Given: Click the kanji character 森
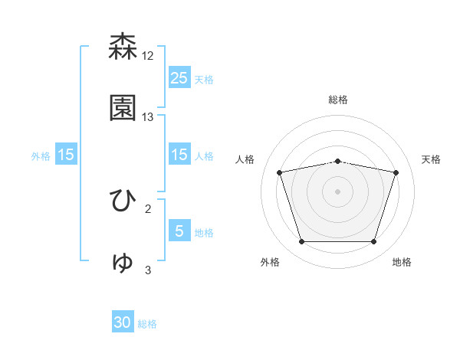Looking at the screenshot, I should [123, 47].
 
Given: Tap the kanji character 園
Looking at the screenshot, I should [123, 109].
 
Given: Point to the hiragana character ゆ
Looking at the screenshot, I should [123, 262].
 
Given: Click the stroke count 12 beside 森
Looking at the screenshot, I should [148, 56].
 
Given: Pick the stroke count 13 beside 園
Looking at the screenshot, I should [148, 117].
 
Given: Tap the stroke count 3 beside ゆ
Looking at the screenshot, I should [148, 270].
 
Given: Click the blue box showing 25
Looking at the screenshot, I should [179, 78].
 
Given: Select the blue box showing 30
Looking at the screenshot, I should [123, 323].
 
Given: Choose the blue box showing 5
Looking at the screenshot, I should [179, 231].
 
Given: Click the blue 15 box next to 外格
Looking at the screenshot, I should [66, 155].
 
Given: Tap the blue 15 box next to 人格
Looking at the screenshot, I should [179, 155].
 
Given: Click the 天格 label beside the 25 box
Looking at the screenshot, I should [204, 79].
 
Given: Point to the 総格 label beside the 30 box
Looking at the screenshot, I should [147, 324].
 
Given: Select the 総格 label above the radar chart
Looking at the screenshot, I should [338, 100].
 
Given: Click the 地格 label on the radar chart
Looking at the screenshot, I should [402, 262].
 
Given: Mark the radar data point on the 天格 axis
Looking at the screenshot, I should [396, 172].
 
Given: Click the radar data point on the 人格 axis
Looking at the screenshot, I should [280, 172].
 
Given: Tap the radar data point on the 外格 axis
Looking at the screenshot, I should [302, 242].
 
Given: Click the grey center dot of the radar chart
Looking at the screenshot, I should [338, 191].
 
